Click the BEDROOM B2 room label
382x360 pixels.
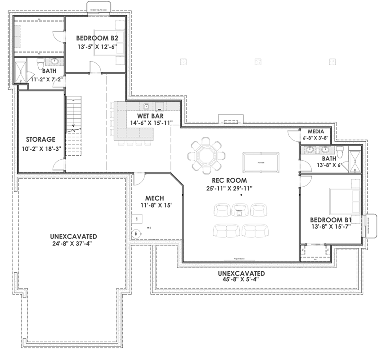pos(97,38)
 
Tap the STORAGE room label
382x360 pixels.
pos(40,139)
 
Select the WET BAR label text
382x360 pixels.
pos(144,116)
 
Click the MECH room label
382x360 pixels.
pos(154,198)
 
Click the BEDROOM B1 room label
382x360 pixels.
pos(330,220)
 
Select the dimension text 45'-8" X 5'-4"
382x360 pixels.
pos(241,279)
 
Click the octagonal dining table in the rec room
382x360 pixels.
pos(206,156)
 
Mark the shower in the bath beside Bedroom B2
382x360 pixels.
pos(21,72)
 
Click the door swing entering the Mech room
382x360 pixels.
pos(139,179)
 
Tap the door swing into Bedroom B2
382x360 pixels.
pos(95,68)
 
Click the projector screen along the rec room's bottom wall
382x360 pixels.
pos(242,260)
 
